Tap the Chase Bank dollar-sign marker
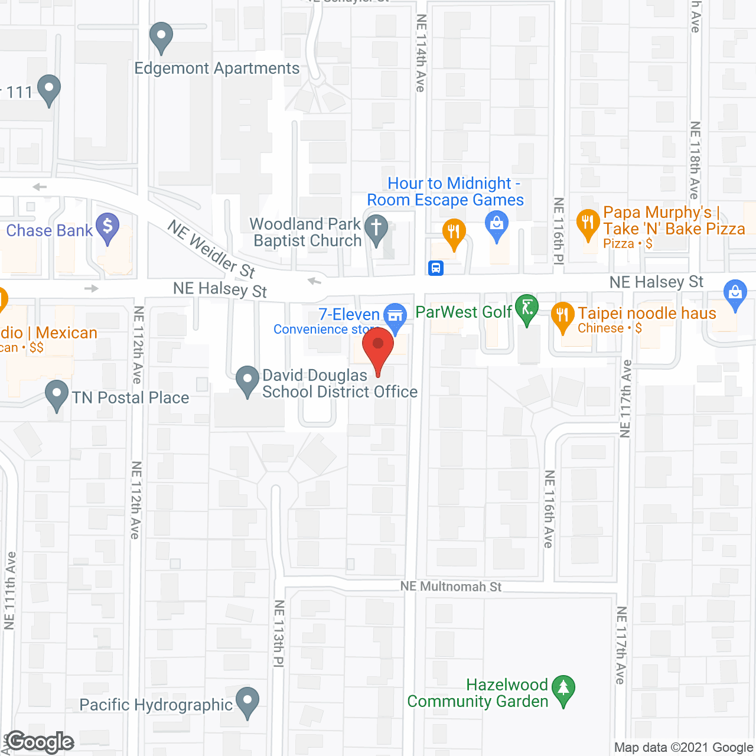pyautogui.click(x=107, y=227)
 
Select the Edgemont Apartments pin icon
pyautogui.click(x=161, y=37)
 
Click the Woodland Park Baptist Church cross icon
pyautogui.click(x=376, y=229)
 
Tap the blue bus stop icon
pyautogui.click(x=436, y=268)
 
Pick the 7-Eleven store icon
pyautogui.click(x=395, y=315)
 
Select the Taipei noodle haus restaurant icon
pyautogui.click(x=562, y=315)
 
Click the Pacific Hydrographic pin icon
pyautogui.click(x=247, y=702)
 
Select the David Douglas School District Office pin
pyautogui.click(x=247, y=380)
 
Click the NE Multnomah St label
pyautogui.click(x=451, y=586)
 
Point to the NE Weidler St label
pyautogui.click(x=211, y=249)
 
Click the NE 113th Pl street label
pyautogui.click(x=279, y=634)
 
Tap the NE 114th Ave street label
pyautogui.click(x=421, y=53)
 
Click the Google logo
pyautogui.click(x=40, y=742)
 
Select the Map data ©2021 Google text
pyautogui.click(x=683, y=748)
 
